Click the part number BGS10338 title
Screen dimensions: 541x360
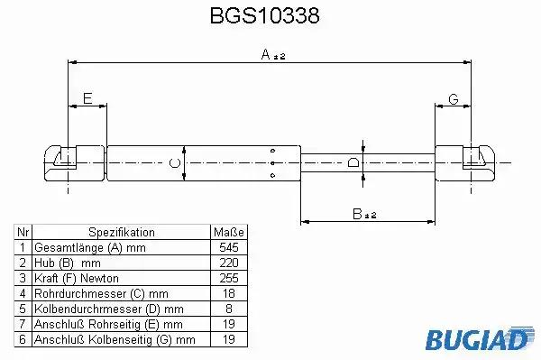pyautogui.click(x=264, y=15)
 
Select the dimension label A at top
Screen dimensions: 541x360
pyautogui.click(x=266, y=54)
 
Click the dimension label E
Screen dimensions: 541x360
pyautogui.click(x=87, y=98)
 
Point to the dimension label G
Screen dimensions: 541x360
pyautogui.click(x=454, y=99)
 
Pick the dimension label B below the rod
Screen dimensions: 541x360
pyautogui.click(x=357, y=214)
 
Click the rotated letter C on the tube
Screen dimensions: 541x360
pyautogui.click(x=175, y=163)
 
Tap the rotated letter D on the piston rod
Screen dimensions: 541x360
pyautogui.click(x=353, y=162)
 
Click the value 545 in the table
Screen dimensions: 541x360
pyautogui.click(x=229, y=247)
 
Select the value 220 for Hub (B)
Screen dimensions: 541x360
pyautogui.click(x=229, y=263)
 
